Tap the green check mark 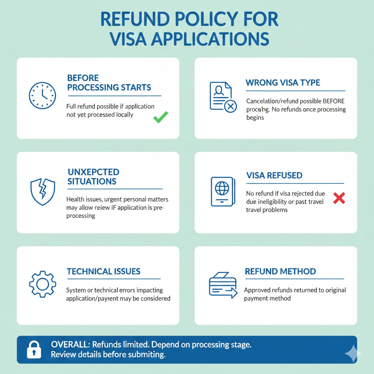(x=160, y=117)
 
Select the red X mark (x=339, y=198)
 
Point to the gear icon (x=42, y=284)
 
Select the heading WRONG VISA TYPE (x=283, y=83)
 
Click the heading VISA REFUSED (x=274, y=175)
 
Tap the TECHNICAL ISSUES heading (x=104, y=271)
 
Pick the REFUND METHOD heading (x=280, y=271)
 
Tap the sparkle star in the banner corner (x=353, y=354)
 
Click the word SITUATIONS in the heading (x=92, y=181)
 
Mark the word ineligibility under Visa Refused (x=273, y=202)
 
